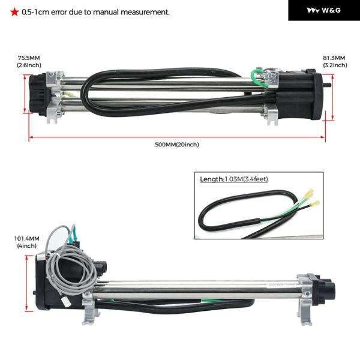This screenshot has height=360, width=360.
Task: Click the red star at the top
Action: pos(14,12)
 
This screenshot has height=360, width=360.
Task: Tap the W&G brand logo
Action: pos(324,10)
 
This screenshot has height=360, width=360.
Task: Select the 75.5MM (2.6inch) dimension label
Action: pos(29,62)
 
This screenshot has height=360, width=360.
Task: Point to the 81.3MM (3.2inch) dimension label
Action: pos(335,62)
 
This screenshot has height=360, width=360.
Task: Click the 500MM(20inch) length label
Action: pos(177,145)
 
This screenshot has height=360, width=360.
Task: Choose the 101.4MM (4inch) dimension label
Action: pos(27,242)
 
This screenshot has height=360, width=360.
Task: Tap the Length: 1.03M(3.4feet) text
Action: pos(234,179)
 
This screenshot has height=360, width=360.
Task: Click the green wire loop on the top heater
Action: pos(258,78)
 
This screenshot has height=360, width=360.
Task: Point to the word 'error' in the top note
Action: pos(59,12)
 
